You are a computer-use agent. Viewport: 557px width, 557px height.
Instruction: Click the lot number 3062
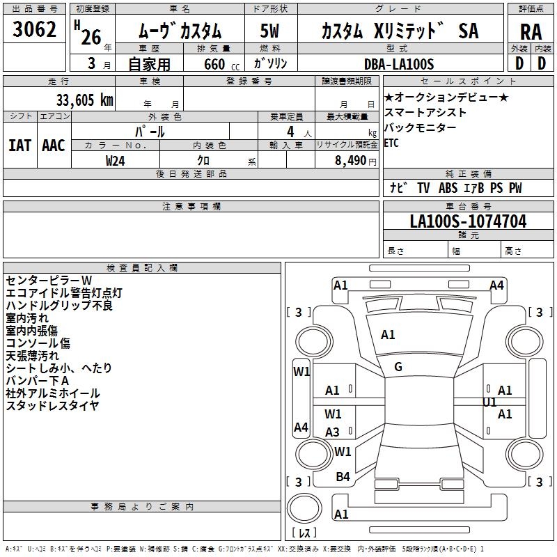[x=35, y=30]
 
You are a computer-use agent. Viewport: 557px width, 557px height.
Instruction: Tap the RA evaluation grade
[x=531, y=32]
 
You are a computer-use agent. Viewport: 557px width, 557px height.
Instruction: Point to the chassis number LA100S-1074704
[x=468, y=222]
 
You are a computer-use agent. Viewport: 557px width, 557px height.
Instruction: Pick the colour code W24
[x=116, y=161]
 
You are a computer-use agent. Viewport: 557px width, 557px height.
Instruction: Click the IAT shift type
[x=19, y=146]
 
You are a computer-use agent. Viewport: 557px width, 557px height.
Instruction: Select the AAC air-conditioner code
[x=53, y=146]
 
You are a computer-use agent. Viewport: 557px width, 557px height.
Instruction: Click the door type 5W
[x=269, y=32]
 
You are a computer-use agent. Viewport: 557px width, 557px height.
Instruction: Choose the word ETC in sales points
[x=391, y=143]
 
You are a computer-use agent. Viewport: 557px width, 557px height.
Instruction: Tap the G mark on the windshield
[x=398, y=367]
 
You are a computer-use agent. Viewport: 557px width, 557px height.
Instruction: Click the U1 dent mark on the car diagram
[x=489, y=402]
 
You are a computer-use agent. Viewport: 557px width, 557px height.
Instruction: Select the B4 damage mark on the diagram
[x=343, y=476]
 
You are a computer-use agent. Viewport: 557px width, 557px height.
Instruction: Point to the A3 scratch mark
[x=333, y=432]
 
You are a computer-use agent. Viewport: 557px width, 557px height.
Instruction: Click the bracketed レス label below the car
[x=304, y=533]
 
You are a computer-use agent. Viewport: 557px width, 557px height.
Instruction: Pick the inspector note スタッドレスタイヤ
[x=52, y=406]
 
